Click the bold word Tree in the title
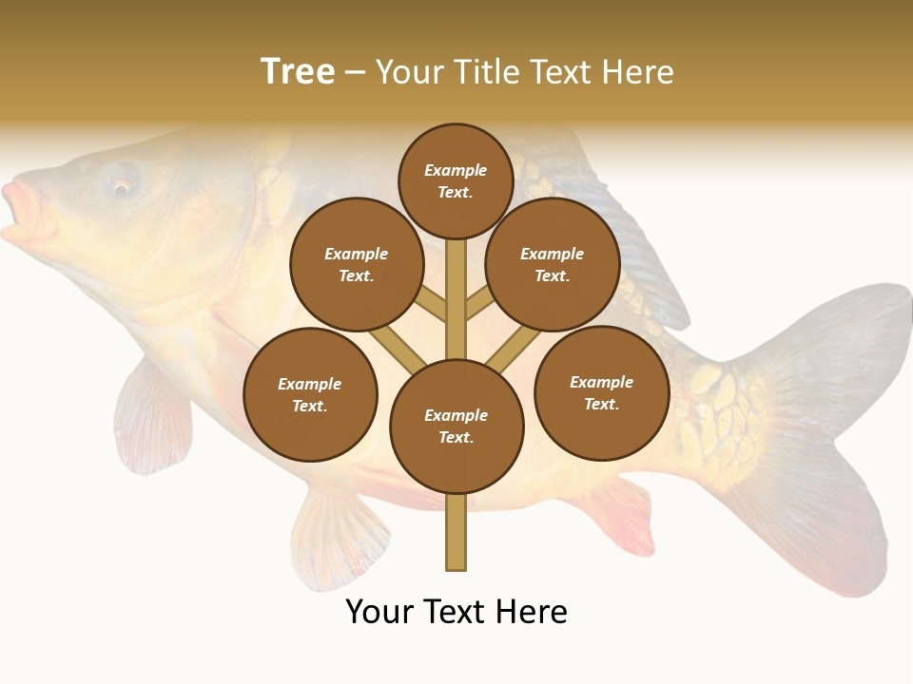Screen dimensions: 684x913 298,72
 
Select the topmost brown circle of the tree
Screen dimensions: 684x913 456,180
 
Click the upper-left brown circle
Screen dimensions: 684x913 357,264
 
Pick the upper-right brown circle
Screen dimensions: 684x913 553,264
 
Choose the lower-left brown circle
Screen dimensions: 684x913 310,394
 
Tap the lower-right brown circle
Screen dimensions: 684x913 601,392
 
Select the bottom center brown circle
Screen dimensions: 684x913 456,427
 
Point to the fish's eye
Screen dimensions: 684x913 122,184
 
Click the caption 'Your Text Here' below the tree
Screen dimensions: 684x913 456,612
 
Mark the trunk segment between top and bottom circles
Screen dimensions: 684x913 456,299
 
